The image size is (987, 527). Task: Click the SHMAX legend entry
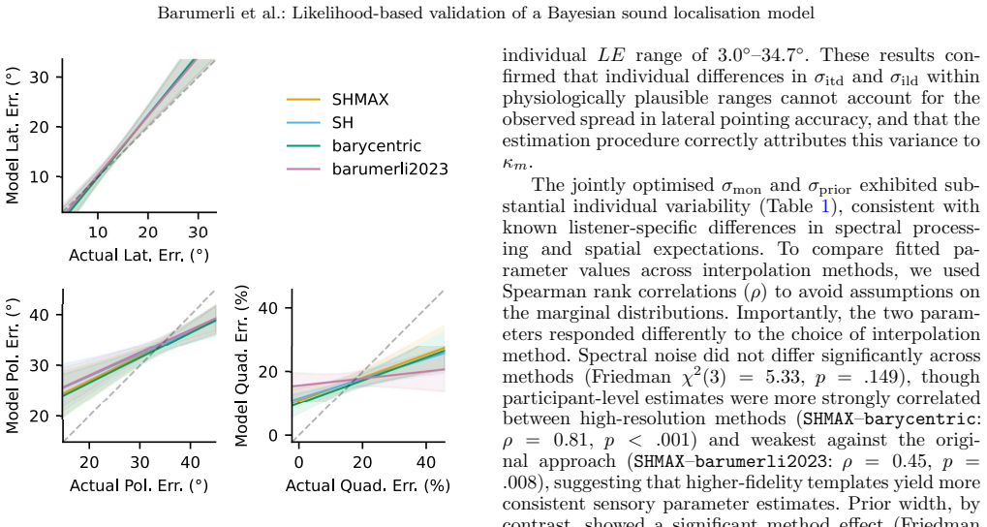pyautogui.click(x=360, y=100)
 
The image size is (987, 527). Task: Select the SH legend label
pyautogui.click(x=343, y=123)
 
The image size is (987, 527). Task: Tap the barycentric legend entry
pyautogui.click(x=377, y=146)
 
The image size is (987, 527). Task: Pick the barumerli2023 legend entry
pyautogui.click(x=389, y=169)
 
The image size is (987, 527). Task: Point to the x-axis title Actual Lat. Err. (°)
pyautogui.click(x=139, y=255)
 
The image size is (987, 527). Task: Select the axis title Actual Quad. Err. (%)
pyautogui.click(x=368, y=485)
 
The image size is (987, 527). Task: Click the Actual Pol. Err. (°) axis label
pyautogui.click(x=139, y=485)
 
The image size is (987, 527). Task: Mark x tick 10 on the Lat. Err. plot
pyautogui.click(x=97, y=232)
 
